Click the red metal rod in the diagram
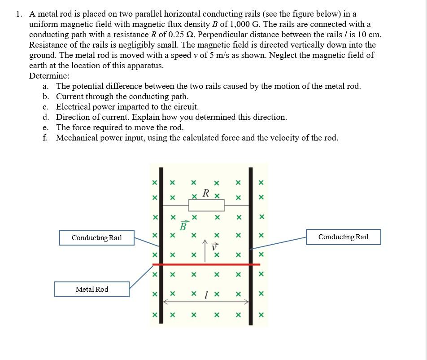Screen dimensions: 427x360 [206, 264]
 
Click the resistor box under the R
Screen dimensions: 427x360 [206, 206]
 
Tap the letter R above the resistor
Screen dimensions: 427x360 [205, 193]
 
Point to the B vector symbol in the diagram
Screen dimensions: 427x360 [183, 225]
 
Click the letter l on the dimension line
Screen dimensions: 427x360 [205, 294]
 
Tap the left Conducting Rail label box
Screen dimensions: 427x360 [97, 238]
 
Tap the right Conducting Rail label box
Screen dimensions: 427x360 [343, 237]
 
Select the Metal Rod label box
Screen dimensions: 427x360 [92, 290]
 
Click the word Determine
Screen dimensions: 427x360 [49, 76]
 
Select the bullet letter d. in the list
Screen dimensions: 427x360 [46, 117]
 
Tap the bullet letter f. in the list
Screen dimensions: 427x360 [45, 138]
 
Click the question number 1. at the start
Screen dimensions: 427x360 [19, 14]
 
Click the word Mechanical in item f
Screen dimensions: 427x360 [77, 138]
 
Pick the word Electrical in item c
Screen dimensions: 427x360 [73, 107]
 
